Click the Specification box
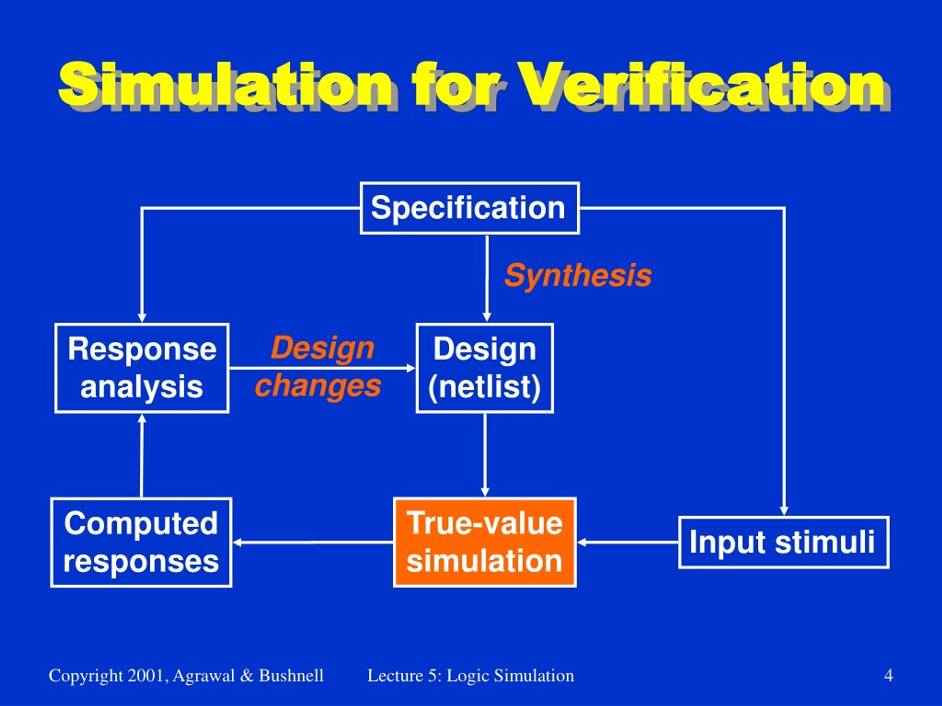click(469, 208)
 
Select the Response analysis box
click(142, 368)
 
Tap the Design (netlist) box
click(485, 368)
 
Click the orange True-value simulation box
click(485, 542)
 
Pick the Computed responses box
click(141, 542)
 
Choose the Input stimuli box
click(783, 542)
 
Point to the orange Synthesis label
click(578, 276)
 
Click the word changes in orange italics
click(318, 386)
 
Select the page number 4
click(888, 676)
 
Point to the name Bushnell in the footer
click(291, 676)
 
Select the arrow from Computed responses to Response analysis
click(142, 455)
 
